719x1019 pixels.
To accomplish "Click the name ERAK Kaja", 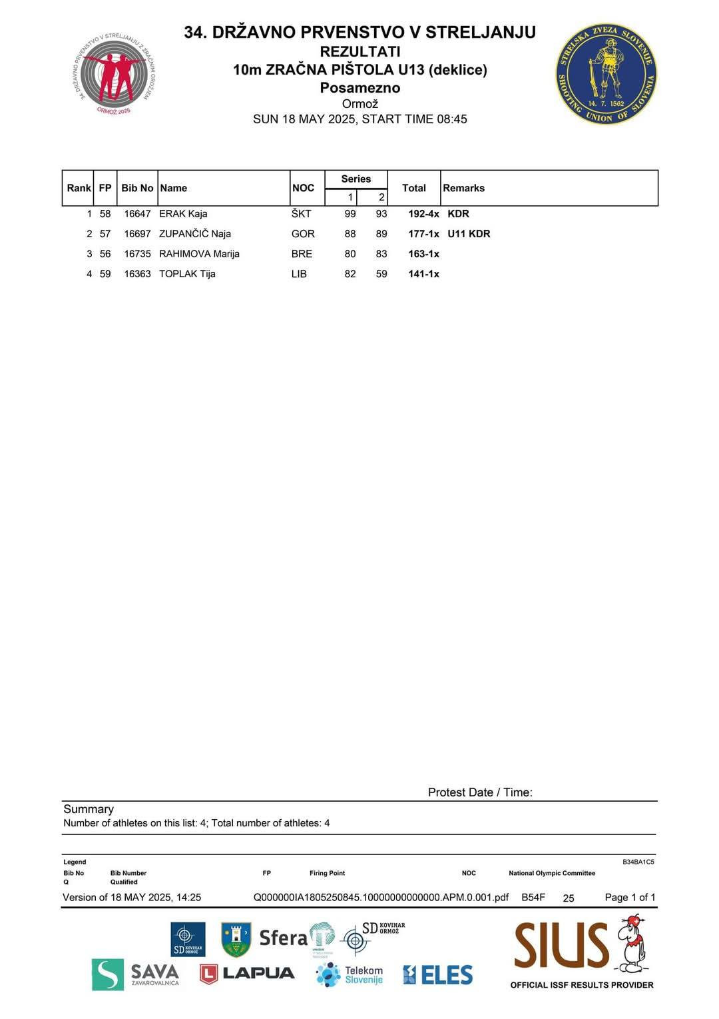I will [183, 214].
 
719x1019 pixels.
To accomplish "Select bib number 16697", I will [137, 234].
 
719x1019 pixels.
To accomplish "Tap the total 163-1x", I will [423, 254].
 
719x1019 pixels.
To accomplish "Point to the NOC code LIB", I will [299, 274].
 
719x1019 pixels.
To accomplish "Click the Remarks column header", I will [463, 188].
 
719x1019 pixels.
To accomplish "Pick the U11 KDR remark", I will [469, 234].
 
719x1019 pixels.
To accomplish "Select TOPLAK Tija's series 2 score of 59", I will [381, 274].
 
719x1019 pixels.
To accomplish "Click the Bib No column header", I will [137, 188].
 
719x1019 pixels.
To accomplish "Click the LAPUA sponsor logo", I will [247, 974].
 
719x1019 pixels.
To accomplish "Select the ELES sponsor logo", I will [437, 975].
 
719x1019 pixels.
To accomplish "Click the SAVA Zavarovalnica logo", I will [136, 974].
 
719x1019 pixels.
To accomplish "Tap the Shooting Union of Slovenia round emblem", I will [606, 75].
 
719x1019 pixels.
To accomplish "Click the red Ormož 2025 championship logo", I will [117, 75].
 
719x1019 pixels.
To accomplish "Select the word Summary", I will [89, 809].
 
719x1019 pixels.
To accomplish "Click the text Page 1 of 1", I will [630, 897].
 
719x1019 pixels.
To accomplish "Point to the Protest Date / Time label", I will [480, 792].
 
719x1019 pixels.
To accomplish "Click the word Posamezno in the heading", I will [359, 88].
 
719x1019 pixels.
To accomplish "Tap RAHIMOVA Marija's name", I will [199, 254].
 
